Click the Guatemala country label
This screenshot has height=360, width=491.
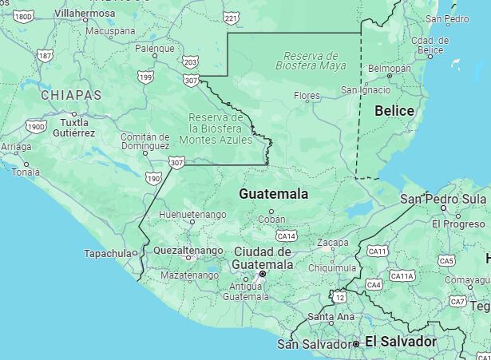(x=273, y=194)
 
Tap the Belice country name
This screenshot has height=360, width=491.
(x=394, y=111)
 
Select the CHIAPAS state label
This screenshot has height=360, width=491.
(x=71, y=95)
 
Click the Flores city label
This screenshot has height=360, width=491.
(x=307, y=96)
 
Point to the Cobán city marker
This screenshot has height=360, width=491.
(x=271, y=212)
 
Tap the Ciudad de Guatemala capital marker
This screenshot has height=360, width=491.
(x=263, y=275)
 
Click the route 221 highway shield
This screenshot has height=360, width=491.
(x=231, y=18)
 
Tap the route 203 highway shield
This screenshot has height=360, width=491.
(x=190, y=61)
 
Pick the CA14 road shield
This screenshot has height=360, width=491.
(x=286, y=236)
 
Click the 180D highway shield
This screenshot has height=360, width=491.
(x=24, y=16)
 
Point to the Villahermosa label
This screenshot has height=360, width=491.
(x=85, y=14)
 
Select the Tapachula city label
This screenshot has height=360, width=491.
(x=107, y=253)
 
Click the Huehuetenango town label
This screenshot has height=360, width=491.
(x=192, y=215)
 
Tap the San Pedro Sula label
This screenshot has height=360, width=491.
(x=443, y=198)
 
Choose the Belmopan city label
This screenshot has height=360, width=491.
(x=389, y=69)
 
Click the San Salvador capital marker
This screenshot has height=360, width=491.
(x=356, y=343)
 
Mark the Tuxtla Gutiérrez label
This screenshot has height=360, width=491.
(x=74, y=128)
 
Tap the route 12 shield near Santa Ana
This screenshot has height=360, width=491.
(x=340, y=297)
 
